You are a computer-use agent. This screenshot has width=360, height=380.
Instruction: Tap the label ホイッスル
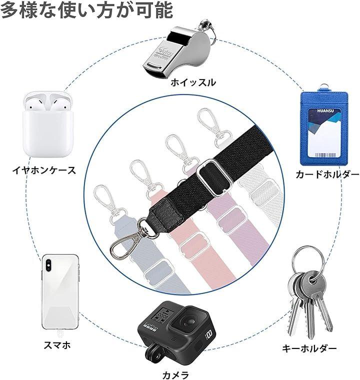point(193,82)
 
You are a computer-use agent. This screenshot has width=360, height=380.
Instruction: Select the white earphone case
point(48,124)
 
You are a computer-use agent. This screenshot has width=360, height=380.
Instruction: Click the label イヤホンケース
point(44,170)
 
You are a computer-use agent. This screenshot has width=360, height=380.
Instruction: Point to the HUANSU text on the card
point(325,111)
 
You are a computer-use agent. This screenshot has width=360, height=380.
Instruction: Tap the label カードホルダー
point(327,174)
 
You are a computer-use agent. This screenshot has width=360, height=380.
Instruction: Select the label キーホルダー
point(309,348)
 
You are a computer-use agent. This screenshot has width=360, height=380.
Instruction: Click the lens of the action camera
point(188,322)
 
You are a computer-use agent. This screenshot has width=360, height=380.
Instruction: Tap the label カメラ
point(175,375)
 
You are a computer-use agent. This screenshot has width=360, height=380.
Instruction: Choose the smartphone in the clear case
point(60,292)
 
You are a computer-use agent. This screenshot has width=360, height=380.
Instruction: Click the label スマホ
point(57,345)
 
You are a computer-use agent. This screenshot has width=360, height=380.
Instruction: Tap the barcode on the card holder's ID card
point(325,155)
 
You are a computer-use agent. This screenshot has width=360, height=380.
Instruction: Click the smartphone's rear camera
point(48,263)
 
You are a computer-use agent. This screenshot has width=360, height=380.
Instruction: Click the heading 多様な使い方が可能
point(87,10)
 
